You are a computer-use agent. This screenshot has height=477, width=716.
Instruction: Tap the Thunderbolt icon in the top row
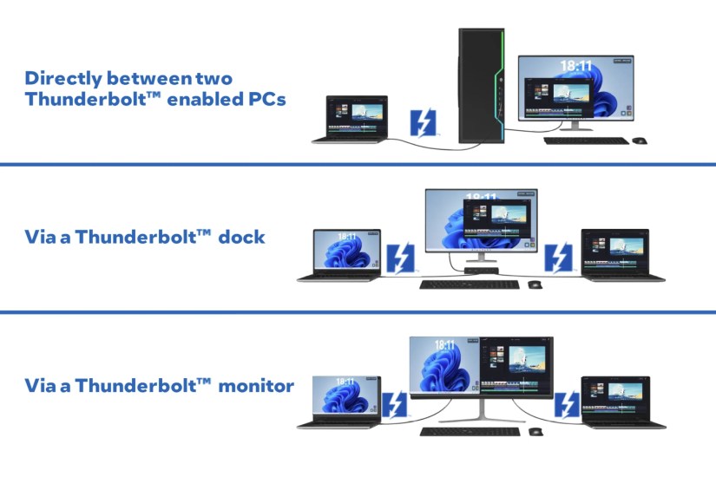click(x=423, y=122)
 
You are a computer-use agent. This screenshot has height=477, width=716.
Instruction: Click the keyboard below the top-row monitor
click(x=586, y=140)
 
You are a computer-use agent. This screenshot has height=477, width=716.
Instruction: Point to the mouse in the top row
click(x=640, y=140)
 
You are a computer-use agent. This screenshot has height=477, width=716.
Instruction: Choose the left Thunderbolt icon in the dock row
click(x=400, y=258)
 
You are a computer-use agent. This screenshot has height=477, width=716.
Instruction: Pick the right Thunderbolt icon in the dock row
click(x=558, y=258)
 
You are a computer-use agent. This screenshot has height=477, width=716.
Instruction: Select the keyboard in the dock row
click(x=469, y=284)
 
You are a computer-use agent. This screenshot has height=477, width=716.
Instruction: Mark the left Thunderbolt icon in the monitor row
click(x=395, y=405)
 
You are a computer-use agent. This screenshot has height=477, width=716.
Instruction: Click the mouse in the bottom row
click(x=535, y=431)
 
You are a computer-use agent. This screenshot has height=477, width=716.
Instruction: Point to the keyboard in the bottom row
click(x=469, y=431)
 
